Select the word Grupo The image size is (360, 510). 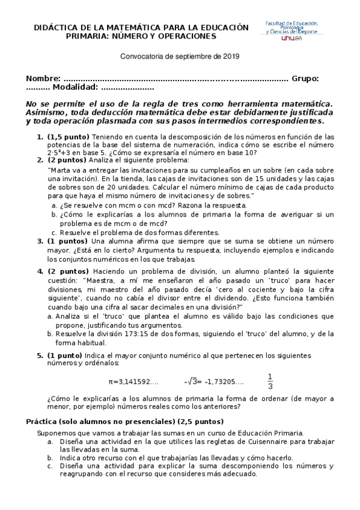pos(304,79)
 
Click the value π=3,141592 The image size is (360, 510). pos(133,381)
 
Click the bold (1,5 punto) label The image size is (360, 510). pos(68,137)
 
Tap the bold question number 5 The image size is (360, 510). pos(40,355)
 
